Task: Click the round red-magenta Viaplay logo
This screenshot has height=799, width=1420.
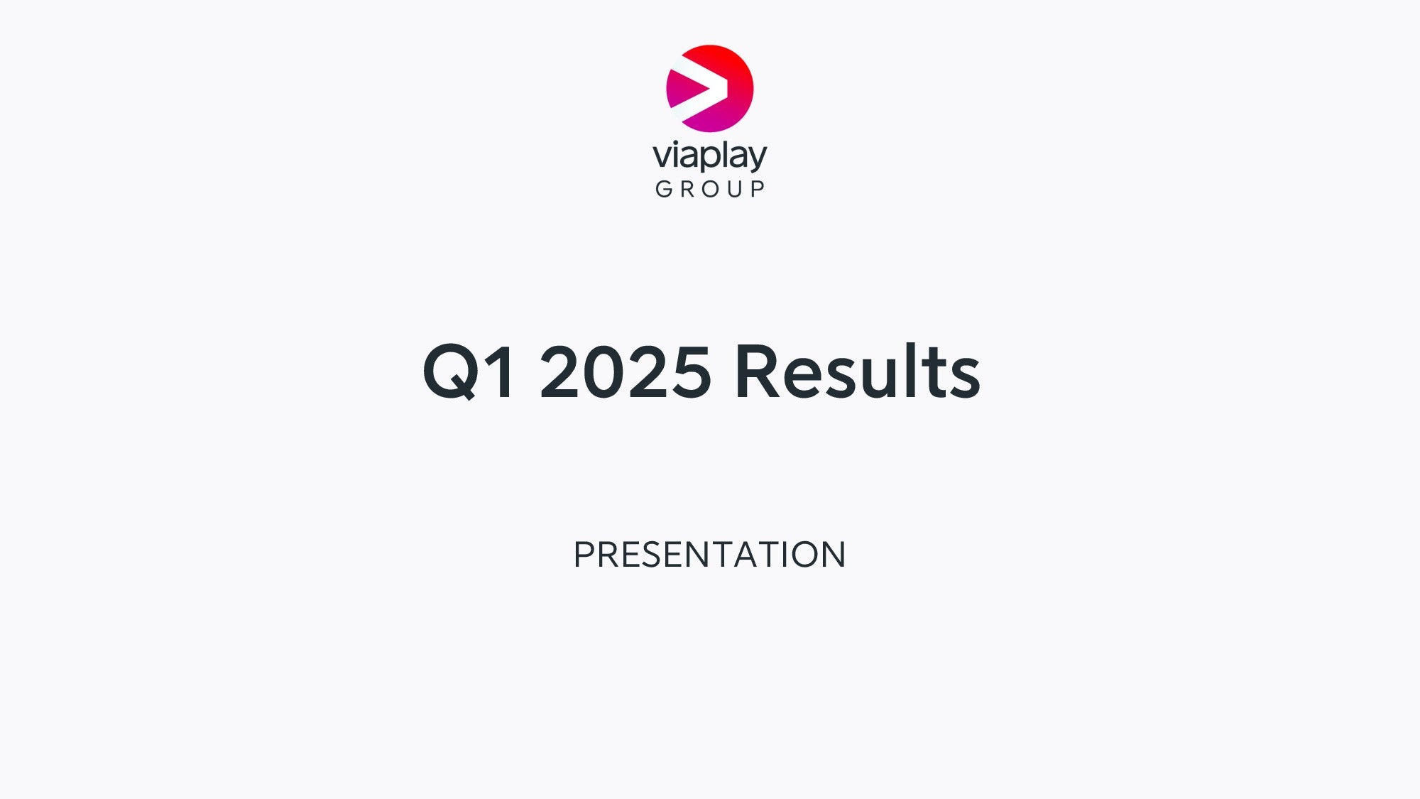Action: coord(710,89)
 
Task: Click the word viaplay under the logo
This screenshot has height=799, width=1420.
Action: coord(710,156)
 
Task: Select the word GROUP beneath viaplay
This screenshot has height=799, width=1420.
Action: coord(710,189)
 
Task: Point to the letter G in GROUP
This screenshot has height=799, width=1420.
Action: coord(664,189)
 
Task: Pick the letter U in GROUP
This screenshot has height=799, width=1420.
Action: coord(735,189)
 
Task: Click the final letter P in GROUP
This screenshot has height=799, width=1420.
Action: coord(758,189)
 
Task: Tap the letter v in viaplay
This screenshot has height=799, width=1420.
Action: coord(662,156)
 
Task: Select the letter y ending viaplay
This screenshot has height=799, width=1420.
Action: coord(758,159)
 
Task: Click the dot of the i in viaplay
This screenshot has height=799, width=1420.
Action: coord(677,141)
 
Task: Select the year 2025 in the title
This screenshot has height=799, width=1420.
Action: coord(626,371)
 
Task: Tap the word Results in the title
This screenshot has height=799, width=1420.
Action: coord(858,370)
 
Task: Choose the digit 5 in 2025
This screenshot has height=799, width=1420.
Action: coord(692,371)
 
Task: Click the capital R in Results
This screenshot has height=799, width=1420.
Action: coord(758,371)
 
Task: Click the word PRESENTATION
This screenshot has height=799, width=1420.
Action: coord(709,555)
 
